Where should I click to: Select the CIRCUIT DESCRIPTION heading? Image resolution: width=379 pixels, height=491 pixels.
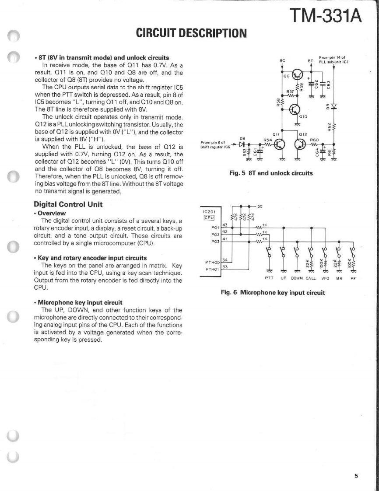click(192, 33)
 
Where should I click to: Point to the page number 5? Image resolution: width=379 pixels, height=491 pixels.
click(356, 477)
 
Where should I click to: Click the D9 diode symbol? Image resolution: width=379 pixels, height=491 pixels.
click(333, 106)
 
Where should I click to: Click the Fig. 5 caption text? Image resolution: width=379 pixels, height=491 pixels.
click(271, 173)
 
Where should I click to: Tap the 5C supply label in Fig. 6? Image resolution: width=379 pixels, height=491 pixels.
click(260, 206)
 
